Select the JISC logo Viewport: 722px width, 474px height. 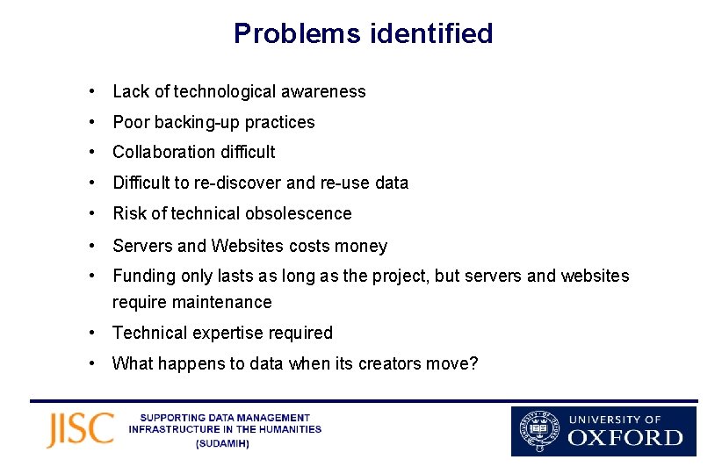click(x=80, y=430)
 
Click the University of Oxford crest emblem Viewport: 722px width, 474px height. click(x=538, y=431)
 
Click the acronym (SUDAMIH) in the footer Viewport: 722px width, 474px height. click(x=224, y=444)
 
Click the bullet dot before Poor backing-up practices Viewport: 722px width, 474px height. click(x=92, y=122)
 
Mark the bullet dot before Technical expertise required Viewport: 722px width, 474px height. click(x=92, y=333)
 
